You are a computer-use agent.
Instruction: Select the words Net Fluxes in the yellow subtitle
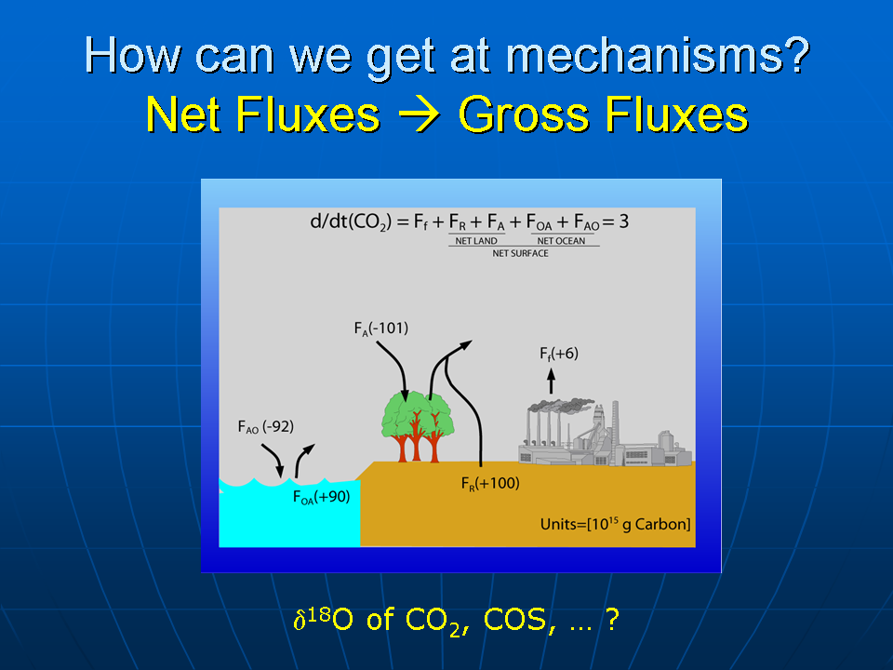262,114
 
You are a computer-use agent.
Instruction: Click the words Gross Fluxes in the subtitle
603,114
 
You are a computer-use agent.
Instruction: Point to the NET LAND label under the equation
476,241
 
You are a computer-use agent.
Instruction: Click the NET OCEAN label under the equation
561,241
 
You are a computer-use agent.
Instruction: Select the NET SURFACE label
521,253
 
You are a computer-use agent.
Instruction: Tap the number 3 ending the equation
623,221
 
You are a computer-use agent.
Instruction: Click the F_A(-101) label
381,328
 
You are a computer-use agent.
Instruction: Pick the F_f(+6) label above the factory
559,354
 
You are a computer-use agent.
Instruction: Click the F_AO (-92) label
265,427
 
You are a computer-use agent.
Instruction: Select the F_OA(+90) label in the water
321,497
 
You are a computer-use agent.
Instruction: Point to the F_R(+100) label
490,484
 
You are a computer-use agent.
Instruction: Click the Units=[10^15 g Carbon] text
615,524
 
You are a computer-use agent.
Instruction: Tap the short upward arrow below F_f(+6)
551,381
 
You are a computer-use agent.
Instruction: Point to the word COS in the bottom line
514,620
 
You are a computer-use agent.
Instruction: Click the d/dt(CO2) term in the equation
351,221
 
